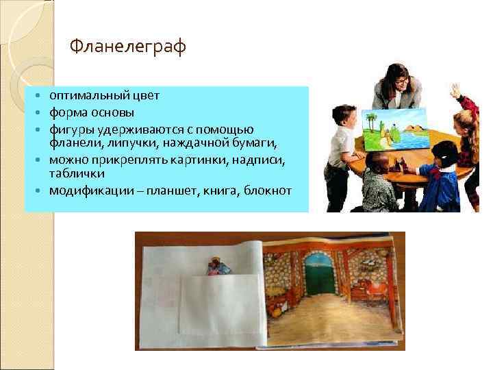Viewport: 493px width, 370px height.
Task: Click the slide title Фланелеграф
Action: (128, 48)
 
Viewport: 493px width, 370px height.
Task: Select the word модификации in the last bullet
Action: (85, 190)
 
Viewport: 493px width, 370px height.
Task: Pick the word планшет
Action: (174, 190)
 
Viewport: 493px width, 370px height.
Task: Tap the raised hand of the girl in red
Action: (455, 90)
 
